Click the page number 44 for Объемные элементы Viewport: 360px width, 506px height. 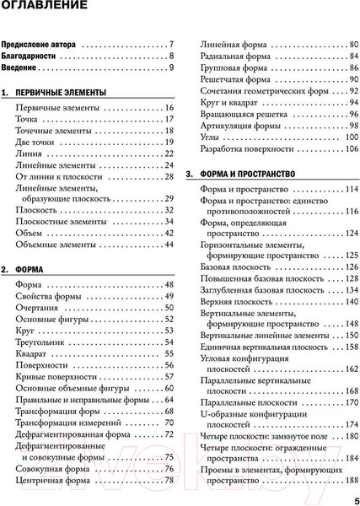[167, 245]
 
